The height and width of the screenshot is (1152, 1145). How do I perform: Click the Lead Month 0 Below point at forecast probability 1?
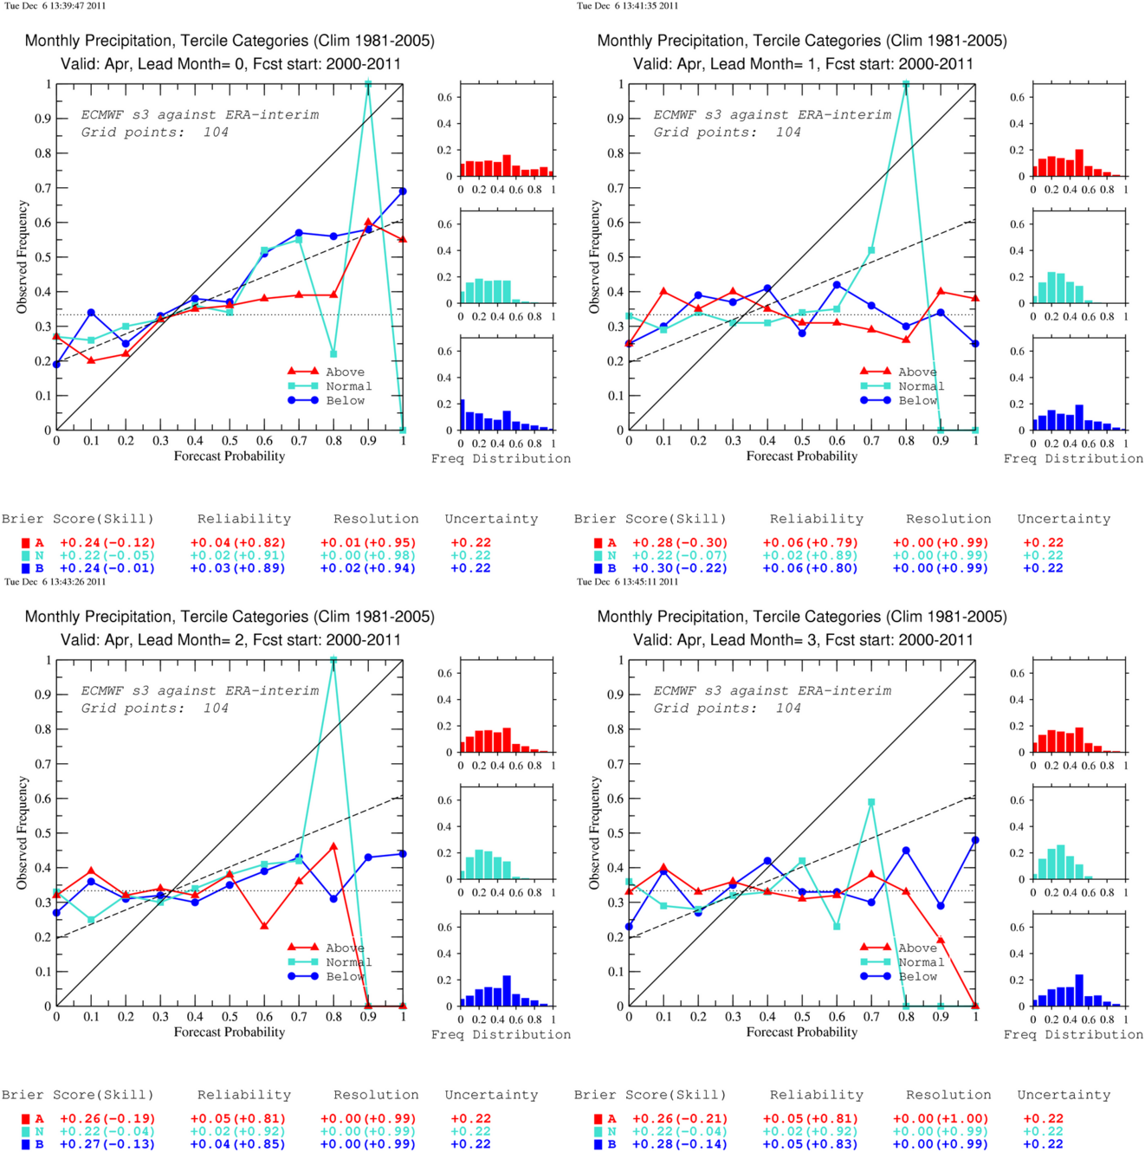(403, 191)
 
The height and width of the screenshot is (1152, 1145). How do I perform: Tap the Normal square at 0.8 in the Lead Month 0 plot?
(333, 354)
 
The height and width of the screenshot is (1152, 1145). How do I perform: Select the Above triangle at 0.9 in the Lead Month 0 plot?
(368, 222)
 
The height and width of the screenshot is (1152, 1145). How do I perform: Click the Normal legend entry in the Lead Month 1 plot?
(902, 386)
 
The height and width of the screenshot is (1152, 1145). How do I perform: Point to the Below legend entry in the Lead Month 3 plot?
(898, 976)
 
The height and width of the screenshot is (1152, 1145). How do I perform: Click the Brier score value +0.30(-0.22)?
(680, 568)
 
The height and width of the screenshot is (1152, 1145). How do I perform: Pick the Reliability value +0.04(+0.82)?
(238, 543)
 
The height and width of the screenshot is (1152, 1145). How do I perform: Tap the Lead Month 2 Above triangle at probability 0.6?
(264, 926)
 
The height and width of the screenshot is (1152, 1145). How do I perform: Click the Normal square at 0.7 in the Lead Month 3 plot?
(871, 802)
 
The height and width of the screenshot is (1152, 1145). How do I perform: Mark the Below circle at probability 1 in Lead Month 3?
(975, 840)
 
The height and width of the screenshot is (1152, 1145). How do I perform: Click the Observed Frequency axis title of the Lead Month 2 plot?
(23, 832)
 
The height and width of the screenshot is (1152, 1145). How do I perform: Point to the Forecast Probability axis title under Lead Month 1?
(802, 456)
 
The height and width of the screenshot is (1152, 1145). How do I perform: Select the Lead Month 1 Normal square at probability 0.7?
(871, 250)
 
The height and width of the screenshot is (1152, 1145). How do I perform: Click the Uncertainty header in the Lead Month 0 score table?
(491, 519)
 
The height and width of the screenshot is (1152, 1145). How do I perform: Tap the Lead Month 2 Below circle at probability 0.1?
(91, 881)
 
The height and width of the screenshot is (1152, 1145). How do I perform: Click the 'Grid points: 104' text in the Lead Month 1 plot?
(727, 133)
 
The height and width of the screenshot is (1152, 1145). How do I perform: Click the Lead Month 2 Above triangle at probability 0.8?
(333, 846)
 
